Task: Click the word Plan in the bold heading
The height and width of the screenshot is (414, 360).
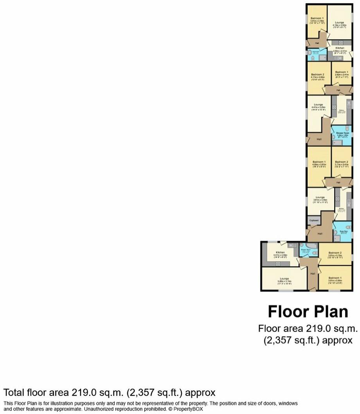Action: (328, 312)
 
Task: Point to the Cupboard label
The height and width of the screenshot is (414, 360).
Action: (314, 221)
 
